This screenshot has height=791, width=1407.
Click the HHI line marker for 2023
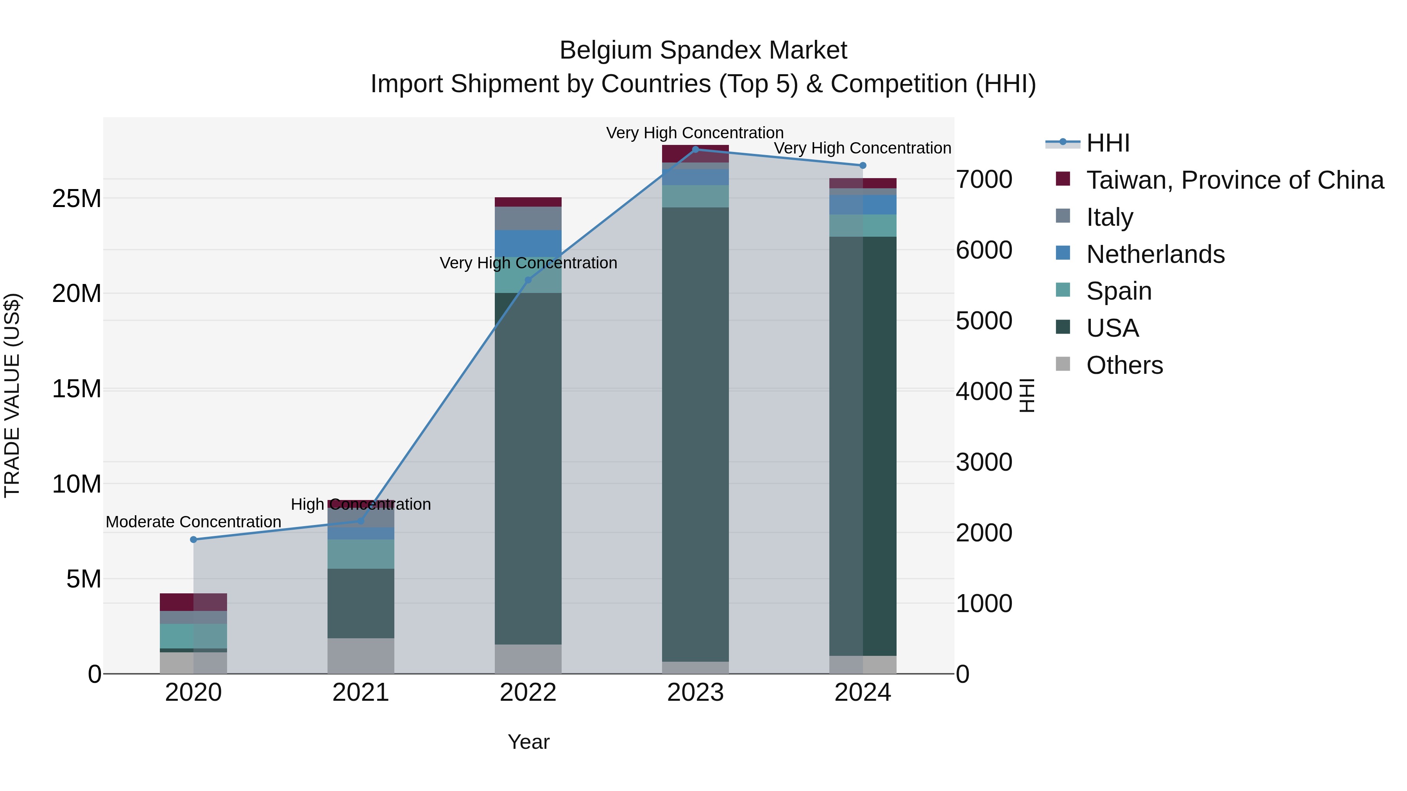(x=695, y=149)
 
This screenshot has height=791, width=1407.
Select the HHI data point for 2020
(x=193, y=539)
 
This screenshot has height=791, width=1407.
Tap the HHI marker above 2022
(x=528, y=280)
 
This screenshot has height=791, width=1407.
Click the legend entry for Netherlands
(x=1155, y=254)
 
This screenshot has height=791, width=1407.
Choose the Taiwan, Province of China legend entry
(x=1234, y=180)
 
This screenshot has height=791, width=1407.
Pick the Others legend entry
(x=1124, y=365)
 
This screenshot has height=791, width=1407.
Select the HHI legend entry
(x=1107, y=143)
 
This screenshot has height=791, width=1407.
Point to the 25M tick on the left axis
(x=77, y=199)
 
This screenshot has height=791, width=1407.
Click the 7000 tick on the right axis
(x=984, y=180)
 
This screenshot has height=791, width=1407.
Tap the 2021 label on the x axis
(x=360, y=693)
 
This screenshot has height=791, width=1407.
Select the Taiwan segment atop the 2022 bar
(x=528, y=202)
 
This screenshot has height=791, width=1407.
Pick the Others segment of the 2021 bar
(x=360, y=655)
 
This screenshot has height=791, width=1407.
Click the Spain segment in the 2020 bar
(x=193, y=636)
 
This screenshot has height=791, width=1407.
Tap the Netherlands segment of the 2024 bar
(x=863, y=205)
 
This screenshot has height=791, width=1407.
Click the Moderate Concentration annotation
(x=193, y=522)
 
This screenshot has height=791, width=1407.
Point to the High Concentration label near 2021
(x=360, y=504)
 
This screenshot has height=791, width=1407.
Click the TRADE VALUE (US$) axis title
(x=12, y=395)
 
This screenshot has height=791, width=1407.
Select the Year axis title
(x=528, y=742)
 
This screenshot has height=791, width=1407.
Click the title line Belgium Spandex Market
(x=703, y=50)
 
